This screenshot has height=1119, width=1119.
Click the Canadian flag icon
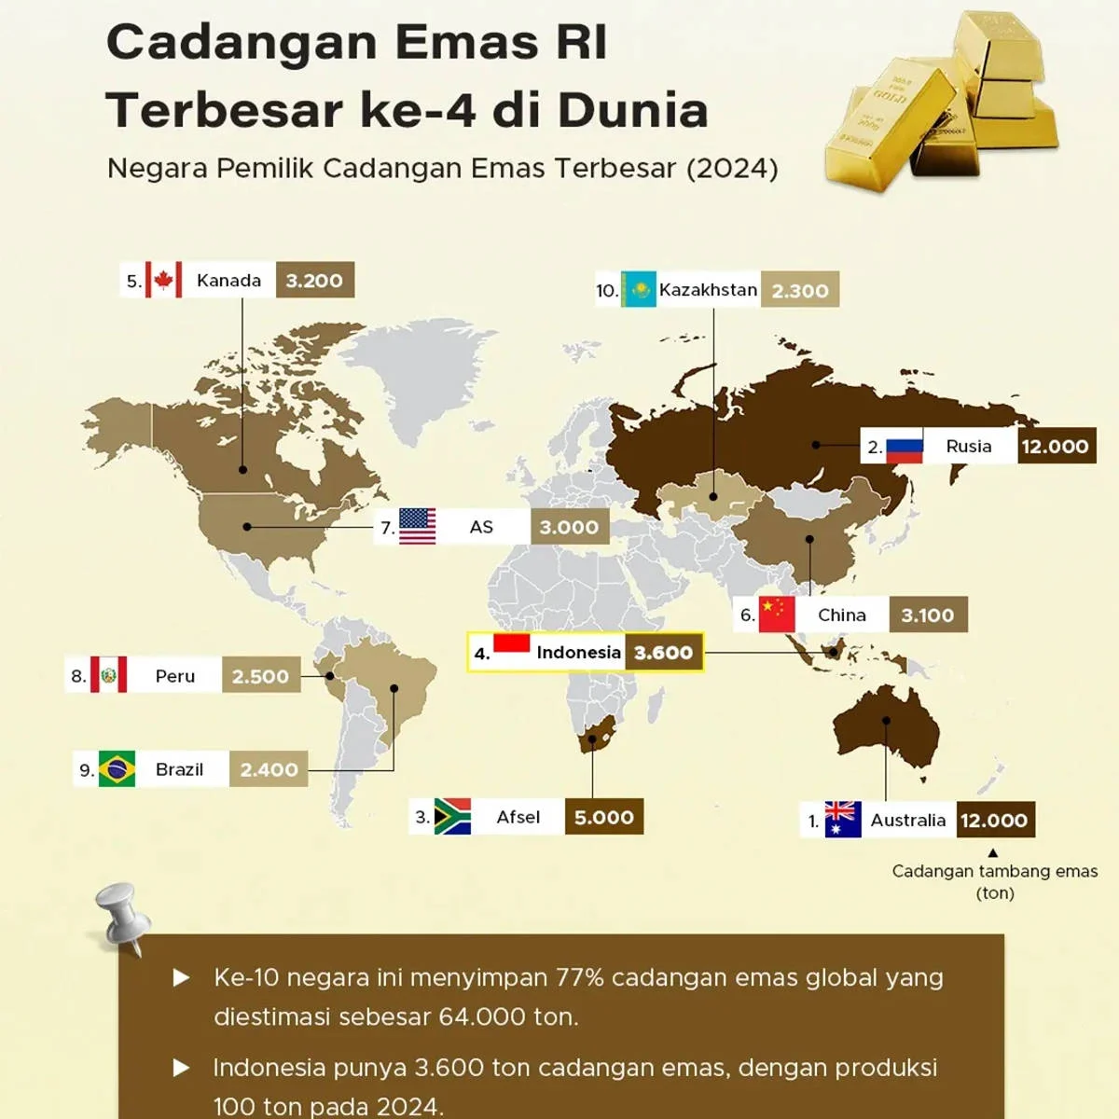click(x=164, y=280)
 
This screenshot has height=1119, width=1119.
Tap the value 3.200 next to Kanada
click(x=314, y=280)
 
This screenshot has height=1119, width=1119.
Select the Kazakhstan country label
click(x=708, y=290)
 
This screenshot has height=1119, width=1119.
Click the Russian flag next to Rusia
click(x=904, y=447)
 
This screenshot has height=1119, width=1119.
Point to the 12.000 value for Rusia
click(x=1055, y=447)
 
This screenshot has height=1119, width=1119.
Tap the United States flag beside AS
click(x=417, y=527)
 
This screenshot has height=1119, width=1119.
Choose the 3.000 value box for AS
click(x=569, y=527)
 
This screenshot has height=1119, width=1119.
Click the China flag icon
click(x=776, y=615)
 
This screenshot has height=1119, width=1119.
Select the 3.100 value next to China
click(x=927, y=615)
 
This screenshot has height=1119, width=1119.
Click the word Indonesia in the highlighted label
click(x=578, y=653)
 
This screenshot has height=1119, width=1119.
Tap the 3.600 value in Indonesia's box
click(x=663, y=653)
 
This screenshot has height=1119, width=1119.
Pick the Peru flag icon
click(x=109, y=675)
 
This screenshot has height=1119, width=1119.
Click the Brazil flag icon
click(x=117, y=769)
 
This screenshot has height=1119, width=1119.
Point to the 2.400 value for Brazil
click(x=269, y=769)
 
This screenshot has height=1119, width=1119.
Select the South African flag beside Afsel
click(x=452, y=817)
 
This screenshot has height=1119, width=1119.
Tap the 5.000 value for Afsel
click(x=603, y=818)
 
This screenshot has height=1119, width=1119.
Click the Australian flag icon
click(x=843, y=820)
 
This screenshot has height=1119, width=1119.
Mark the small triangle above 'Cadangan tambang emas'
click(x=993, y=853)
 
